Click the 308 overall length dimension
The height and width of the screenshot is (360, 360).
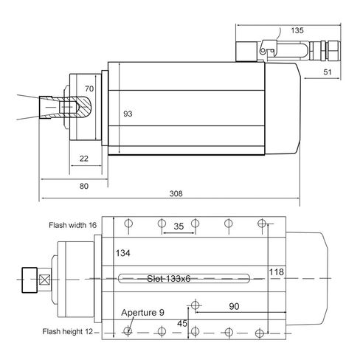click(176, 193)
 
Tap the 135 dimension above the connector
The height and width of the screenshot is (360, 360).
click(297, 30)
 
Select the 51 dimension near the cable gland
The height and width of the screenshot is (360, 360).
click(328, 72)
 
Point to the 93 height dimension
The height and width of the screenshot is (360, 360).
click(128, 114)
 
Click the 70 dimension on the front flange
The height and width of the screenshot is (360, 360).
click(89, 89)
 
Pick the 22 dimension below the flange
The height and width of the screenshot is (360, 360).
click(84, 159)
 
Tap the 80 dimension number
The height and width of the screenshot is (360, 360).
click(84, 186)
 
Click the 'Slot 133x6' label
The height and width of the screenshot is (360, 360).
click(169, 279)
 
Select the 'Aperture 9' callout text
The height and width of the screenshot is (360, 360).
click(142, 313)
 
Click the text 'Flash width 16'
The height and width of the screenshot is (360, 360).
click(72, 225)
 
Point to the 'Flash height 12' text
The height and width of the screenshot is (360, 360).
click(68, 331)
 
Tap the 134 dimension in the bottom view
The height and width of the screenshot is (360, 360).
click(122, 253)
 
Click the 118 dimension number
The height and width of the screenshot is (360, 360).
click(277, 272)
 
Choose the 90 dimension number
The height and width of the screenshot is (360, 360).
click(234, 306)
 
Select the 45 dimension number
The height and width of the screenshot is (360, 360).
click(182, 323)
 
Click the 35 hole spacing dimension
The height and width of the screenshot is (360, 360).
click(179, 226)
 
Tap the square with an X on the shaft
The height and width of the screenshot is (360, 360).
click(45, 280)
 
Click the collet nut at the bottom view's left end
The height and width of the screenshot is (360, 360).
click(30, 280)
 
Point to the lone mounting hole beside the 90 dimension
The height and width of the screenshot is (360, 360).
click(195, 305)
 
